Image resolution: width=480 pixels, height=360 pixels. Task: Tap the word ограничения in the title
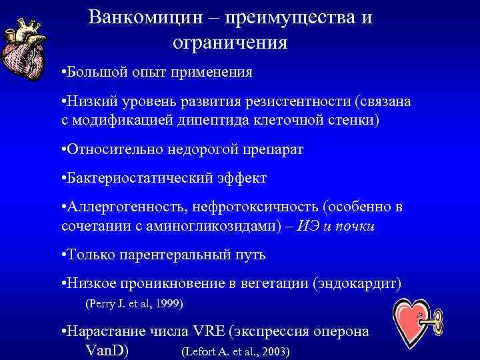point(230,43)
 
